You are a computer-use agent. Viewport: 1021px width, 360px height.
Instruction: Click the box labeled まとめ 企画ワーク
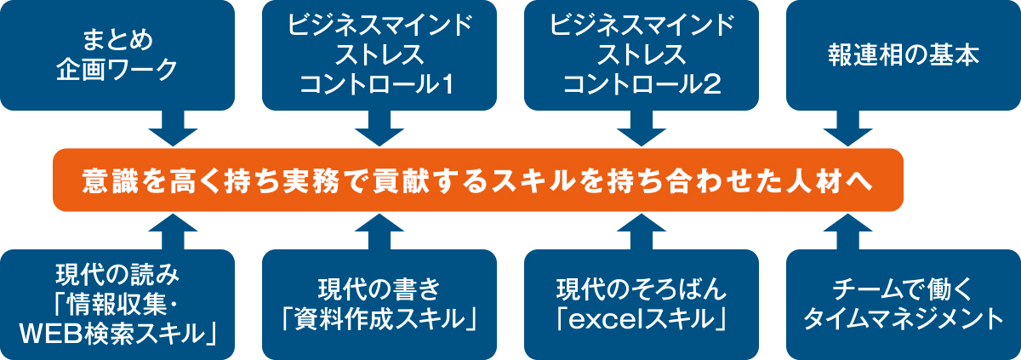pos(117,55)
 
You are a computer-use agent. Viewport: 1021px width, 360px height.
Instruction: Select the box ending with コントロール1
pos(379,55)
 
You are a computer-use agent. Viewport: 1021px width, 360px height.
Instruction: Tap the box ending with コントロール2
pos(642,55)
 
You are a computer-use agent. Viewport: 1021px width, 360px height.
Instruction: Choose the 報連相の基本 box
pos(904,55)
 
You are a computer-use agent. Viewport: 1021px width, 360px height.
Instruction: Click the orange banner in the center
pos(478,180)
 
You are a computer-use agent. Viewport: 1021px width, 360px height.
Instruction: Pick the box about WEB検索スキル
pos(117,305)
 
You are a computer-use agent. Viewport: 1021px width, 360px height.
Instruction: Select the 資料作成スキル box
pos(379,305)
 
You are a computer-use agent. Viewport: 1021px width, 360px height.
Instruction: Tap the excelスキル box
pos(642,305)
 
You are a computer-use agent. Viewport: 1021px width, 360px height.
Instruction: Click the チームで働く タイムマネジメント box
pos(904,305)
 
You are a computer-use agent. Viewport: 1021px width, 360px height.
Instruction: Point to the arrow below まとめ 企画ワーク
pos(174,129)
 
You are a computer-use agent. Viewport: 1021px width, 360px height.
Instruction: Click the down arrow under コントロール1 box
pos(379,129)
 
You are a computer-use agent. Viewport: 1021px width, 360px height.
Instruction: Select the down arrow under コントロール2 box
pos(642,129)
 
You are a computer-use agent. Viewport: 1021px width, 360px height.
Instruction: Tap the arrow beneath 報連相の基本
pos(847,129)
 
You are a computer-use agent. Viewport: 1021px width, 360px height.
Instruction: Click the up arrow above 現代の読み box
pos(174,231)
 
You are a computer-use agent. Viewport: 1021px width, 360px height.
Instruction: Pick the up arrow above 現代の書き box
pos(379,231)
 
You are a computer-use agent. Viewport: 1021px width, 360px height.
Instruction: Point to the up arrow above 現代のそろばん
pos(642,231)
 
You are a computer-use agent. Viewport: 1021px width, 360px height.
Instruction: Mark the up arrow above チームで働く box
pos(847,231)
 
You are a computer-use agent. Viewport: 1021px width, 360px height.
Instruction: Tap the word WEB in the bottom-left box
pos(49,334)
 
